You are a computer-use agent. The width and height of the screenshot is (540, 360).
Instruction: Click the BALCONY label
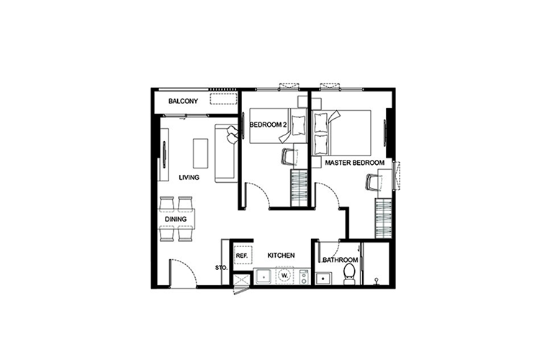click(183, 102)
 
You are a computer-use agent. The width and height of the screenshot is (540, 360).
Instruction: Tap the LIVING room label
click(189, 178)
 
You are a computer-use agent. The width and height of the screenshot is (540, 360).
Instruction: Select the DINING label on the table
click(176, 219)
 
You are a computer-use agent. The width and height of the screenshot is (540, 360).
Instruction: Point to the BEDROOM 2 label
click(268, 125)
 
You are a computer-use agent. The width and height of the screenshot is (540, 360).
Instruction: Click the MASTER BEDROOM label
click(355, 163)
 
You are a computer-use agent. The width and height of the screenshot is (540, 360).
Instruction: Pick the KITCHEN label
click(281, 256)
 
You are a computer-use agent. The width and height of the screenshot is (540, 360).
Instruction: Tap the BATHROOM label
click(341, 260)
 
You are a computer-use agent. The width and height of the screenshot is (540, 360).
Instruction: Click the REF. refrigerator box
click(243, 256)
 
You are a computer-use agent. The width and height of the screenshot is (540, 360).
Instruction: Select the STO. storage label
click(221, 267)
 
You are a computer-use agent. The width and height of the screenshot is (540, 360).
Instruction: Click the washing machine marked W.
click(284, 275)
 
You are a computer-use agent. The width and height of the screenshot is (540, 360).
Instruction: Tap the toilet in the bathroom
click(349, 274)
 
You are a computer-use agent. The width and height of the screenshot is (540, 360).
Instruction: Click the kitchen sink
click(264, 276)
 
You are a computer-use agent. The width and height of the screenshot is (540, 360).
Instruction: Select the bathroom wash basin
click(324, 278)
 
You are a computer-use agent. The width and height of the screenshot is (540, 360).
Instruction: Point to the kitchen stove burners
click(304, 276)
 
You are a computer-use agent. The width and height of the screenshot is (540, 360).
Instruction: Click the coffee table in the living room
click(200, 153)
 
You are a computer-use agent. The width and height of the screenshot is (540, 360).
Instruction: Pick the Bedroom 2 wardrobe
click(299, 188)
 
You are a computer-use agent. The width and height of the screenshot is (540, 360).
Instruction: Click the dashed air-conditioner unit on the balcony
click(223, 98)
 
